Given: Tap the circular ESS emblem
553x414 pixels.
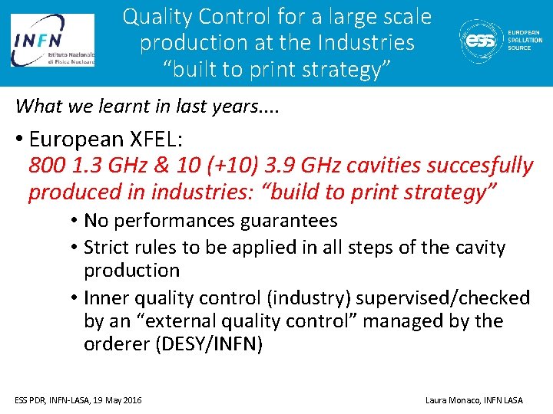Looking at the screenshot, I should (x=482, y=40).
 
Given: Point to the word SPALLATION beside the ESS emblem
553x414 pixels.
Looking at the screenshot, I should (x=525, y=40).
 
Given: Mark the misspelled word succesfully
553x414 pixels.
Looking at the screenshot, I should (x=471, y=166).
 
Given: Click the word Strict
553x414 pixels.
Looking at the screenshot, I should (x=107, y=248).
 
